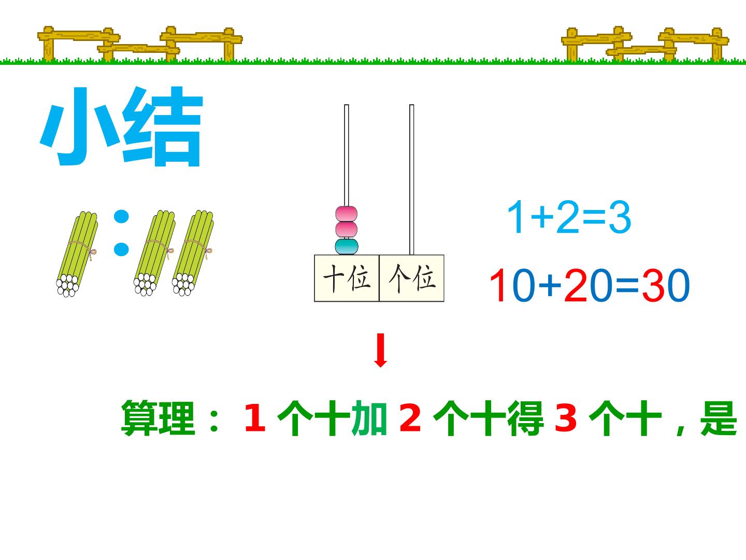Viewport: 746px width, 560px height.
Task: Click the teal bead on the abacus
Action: point(347,246)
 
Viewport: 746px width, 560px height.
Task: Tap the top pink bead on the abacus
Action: point(347,214)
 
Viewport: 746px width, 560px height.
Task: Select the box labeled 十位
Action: point(347,278)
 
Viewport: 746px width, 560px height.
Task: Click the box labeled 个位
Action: point(411,278)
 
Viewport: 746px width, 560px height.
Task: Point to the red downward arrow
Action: point(380,350)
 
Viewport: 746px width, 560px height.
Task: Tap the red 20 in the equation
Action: point(589,285)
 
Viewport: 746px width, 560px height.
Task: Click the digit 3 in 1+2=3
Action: point(620,217)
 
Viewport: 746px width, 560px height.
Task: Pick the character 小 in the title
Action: point(80,127)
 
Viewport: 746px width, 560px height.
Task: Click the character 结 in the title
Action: point(163,127)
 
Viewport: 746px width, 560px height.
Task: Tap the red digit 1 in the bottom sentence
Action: point(255,417)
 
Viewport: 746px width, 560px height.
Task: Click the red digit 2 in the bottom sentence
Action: point(410,417)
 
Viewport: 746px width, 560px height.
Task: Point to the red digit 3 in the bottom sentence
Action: point(566,417)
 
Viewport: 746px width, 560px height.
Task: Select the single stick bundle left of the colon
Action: point(77,254)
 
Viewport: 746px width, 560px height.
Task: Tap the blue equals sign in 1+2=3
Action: point(594,217)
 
